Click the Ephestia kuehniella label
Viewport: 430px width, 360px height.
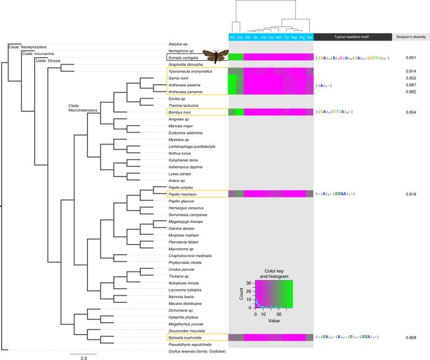point(187,337)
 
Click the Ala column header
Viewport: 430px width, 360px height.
point(232,37)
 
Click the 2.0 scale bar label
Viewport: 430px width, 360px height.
point(84,357)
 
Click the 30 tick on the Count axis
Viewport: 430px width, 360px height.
point(249,283)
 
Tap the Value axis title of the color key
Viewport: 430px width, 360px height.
point(275,320)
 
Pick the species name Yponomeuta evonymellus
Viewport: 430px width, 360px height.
point(190,71)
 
